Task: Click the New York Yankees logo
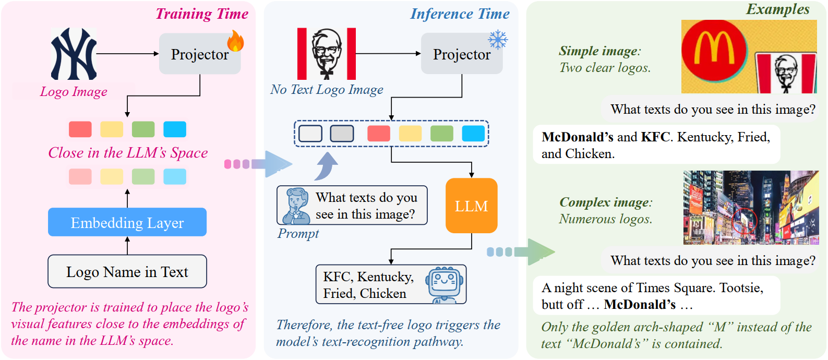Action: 74,54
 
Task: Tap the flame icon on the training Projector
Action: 235,41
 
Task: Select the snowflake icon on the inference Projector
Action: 498,40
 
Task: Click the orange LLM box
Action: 471,206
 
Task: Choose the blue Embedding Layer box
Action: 127,222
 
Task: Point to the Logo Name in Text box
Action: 127,271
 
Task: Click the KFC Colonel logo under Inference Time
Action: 327,54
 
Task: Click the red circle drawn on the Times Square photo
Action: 745,221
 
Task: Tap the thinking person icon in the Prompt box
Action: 296,206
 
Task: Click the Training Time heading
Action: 202,14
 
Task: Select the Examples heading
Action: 777,9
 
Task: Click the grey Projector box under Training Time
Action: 199,54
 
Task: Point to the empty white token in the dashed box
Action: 310,134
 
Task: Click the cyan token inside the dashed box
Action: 473,134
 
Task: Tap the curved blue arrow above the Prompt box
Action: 327,166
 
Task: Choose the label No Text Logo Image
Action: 327,90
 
